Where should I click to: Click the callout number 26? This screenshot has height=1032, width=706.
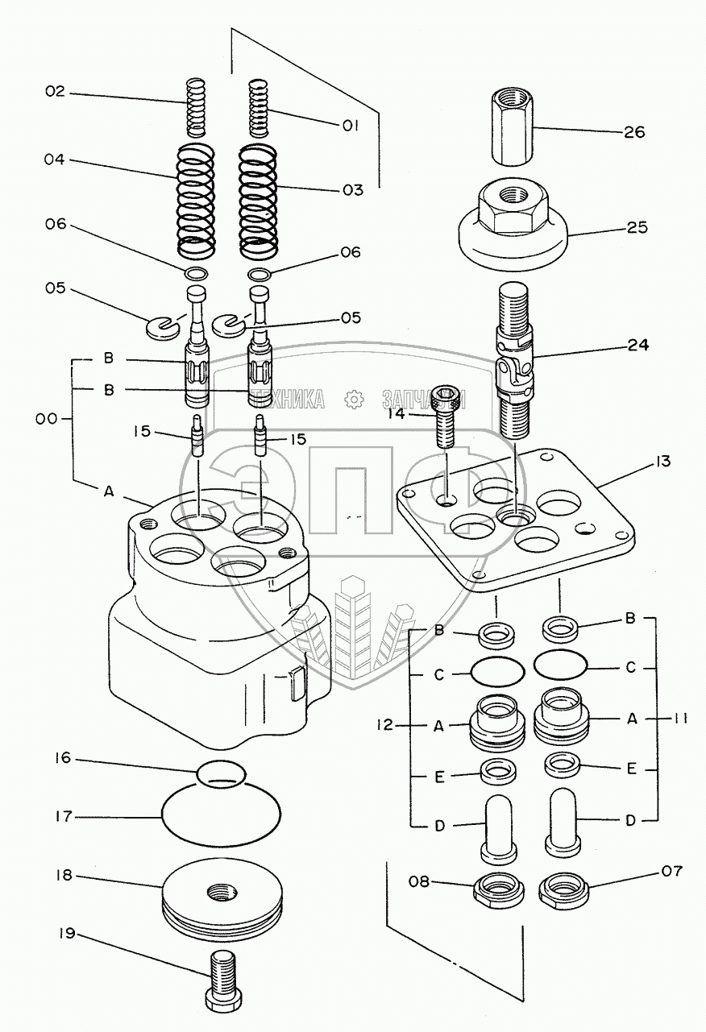634,131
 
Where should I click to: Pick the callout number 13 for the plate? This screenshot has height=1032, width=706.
662,462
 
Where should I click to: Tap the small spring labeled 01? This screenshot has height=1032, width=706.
257,106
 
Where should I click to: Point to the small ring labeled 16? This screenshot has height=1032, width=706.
221,772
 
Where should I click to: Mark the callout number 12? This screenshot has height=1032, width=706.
384,725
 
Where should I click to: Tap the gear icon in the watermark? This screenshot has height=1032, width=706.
351,399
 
